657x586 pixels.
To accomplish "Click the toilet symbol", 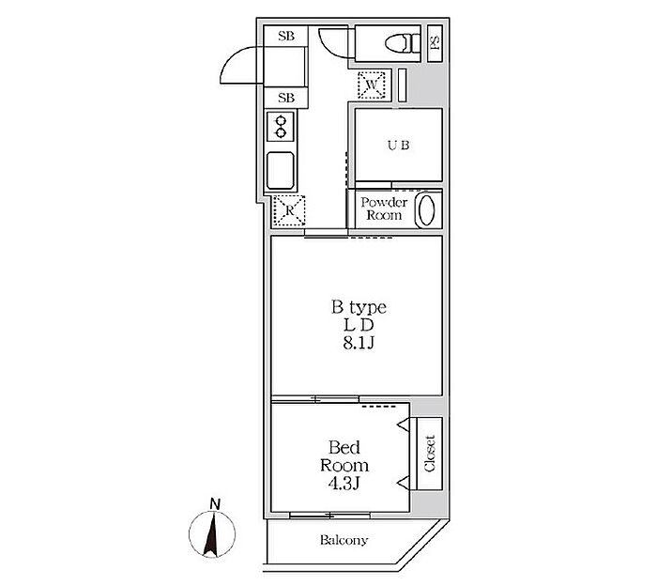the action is click(x=403, y=43).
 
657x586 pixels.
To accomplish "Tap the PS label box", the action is click(x=435, y=43).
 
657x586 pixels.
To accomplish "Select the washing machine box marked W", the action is click(x=372, y=85).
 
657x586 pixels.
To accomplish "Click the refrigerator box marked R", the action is click(x=289, y=211).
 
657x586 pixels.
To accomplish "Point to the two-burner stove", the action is click(x=281, y=127).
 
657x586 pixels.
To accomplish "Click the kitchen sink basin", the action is click(x=281, y=171).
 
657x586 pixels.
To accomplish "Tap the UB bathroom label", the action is click(x=399, y=145).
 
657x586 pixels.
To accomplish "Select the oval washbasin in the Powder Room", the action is click(x=426, y=209).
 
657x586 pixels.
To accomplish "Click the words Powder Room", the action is click(x=384, y=208).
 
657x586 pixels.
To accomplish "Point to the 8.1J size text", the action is click(x=359, y=344).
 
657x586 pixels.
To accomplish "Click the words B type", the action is click(x=359, y=307).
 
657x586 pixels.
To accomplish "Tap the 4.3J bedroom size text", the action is click(x=344, y=484).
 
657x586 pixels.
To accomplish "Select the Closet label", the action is click(x=430, y=454).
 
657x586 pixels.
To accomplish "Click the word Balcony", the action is click(x=344, y=540).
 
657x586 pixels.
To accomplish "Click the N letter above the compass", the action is click(x=215, y=504).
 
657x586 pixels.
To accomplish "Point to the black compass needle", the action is click(x=211, y=535).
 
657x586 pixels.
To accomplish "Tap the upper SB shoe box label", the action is click(x=286, y=36).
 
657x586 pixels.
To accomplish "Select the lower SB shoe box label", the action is click(x=286, y=98).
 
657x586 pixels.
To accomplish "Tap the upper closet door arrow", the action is click(x=403, y=424).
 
